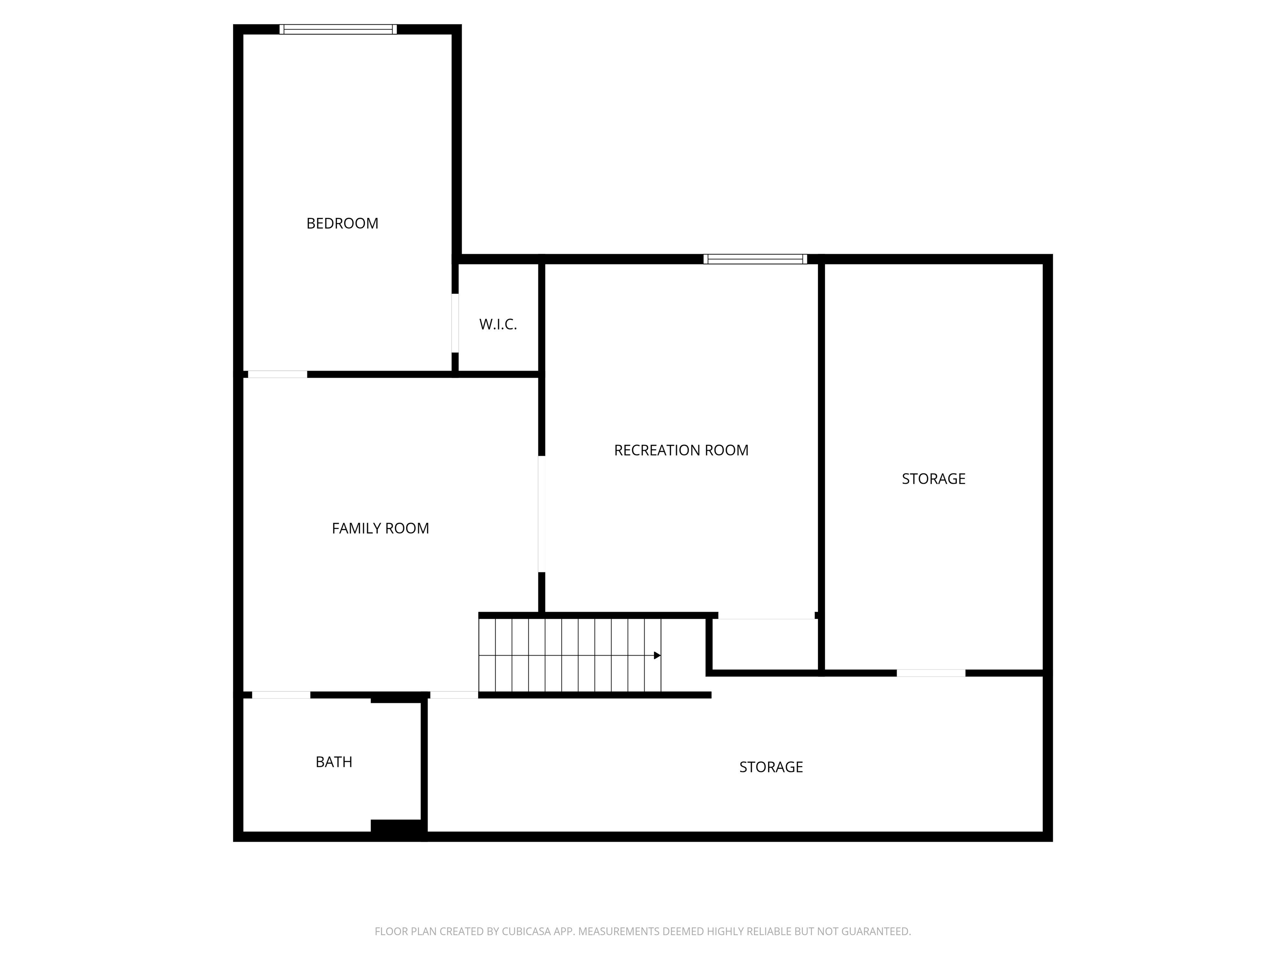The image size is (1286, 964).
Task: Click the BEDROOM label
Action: pyautogui.click(x=342, y=223)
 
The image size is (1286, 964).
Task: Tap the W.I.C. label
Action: pyautogui.click(x=498, y=324)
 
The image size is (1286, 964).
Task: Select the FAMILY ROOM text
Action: pyautogui.click(x=380, y=528)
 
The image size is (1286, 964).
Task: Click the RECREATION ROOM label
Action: pyautogui.click(x=681, y=450)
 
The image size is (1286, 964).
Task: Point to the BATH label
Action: pyautogui.click(x=334, y=762)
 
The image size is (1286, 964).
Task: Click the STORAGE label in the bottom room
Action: pyautogui.click(x=771, y=767)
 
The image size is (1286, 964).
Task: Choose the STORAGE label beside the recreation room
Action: pyautogui.click(x=933, y=479)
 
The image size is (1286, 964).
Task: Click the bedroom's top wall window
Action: pyautogui.click(x=338, y=29)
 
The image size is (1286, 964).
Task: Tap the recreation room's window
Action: pyautogui.click(x=755, y=259)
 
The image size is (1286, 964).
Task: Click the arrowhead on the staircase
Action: pyautogui.click(x=657, y=656)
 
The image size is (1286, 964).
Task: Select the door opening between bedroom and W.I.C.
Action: pyautogui.click(x=455, y=323)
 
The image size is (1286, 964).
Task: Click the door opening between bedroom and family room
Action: pyautogui.click(x=277, y=374)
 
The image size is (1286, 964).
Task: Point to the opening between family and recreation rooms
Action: pyautogui.click(x=541, y=514)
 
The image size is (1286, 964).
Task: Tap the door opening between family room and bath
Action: pyautogui.click(x=281, y=695)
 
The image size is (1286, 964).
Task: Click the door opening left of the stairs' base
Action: pyautogui.click(x=453, y=695)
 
